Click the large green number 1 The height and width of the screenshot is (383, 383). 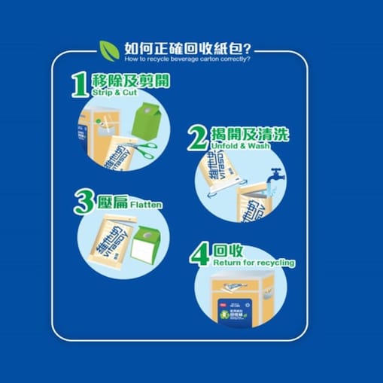point(80,85)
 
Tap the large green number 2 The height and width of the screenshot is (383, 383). point(198,138)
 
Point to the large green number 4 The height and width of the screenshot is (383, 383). point(198,254)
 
